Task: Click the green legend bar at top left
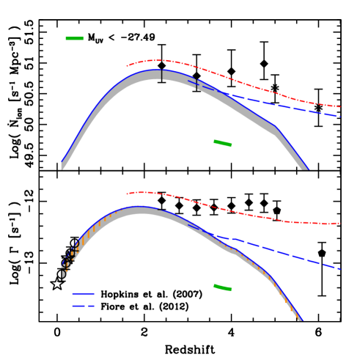tap(75, 38)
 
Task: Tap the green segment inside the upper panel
tap(223, 143)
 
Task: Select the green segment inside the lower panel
tap(222, 287)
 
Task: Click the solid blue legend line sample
tap(83, 293)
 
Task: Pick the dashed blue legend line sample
tap(83, 306)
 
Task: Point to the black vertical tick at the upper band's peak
tap(161, 75)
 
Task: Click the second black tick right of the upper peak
tap(196, 84)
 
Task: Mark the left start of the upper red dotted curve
tap(127, 66)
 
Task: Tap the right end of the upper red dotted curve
tap(339, 106)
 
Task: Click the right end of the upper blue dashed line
tap(339, 116)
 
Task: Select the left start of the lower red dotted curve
tap(127, 194)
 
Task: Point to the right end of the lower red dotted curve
tap(339, 223)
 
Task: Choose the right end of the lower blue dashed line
tap(339, 268)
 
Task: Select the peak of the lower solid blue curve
tap(139, 207)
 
